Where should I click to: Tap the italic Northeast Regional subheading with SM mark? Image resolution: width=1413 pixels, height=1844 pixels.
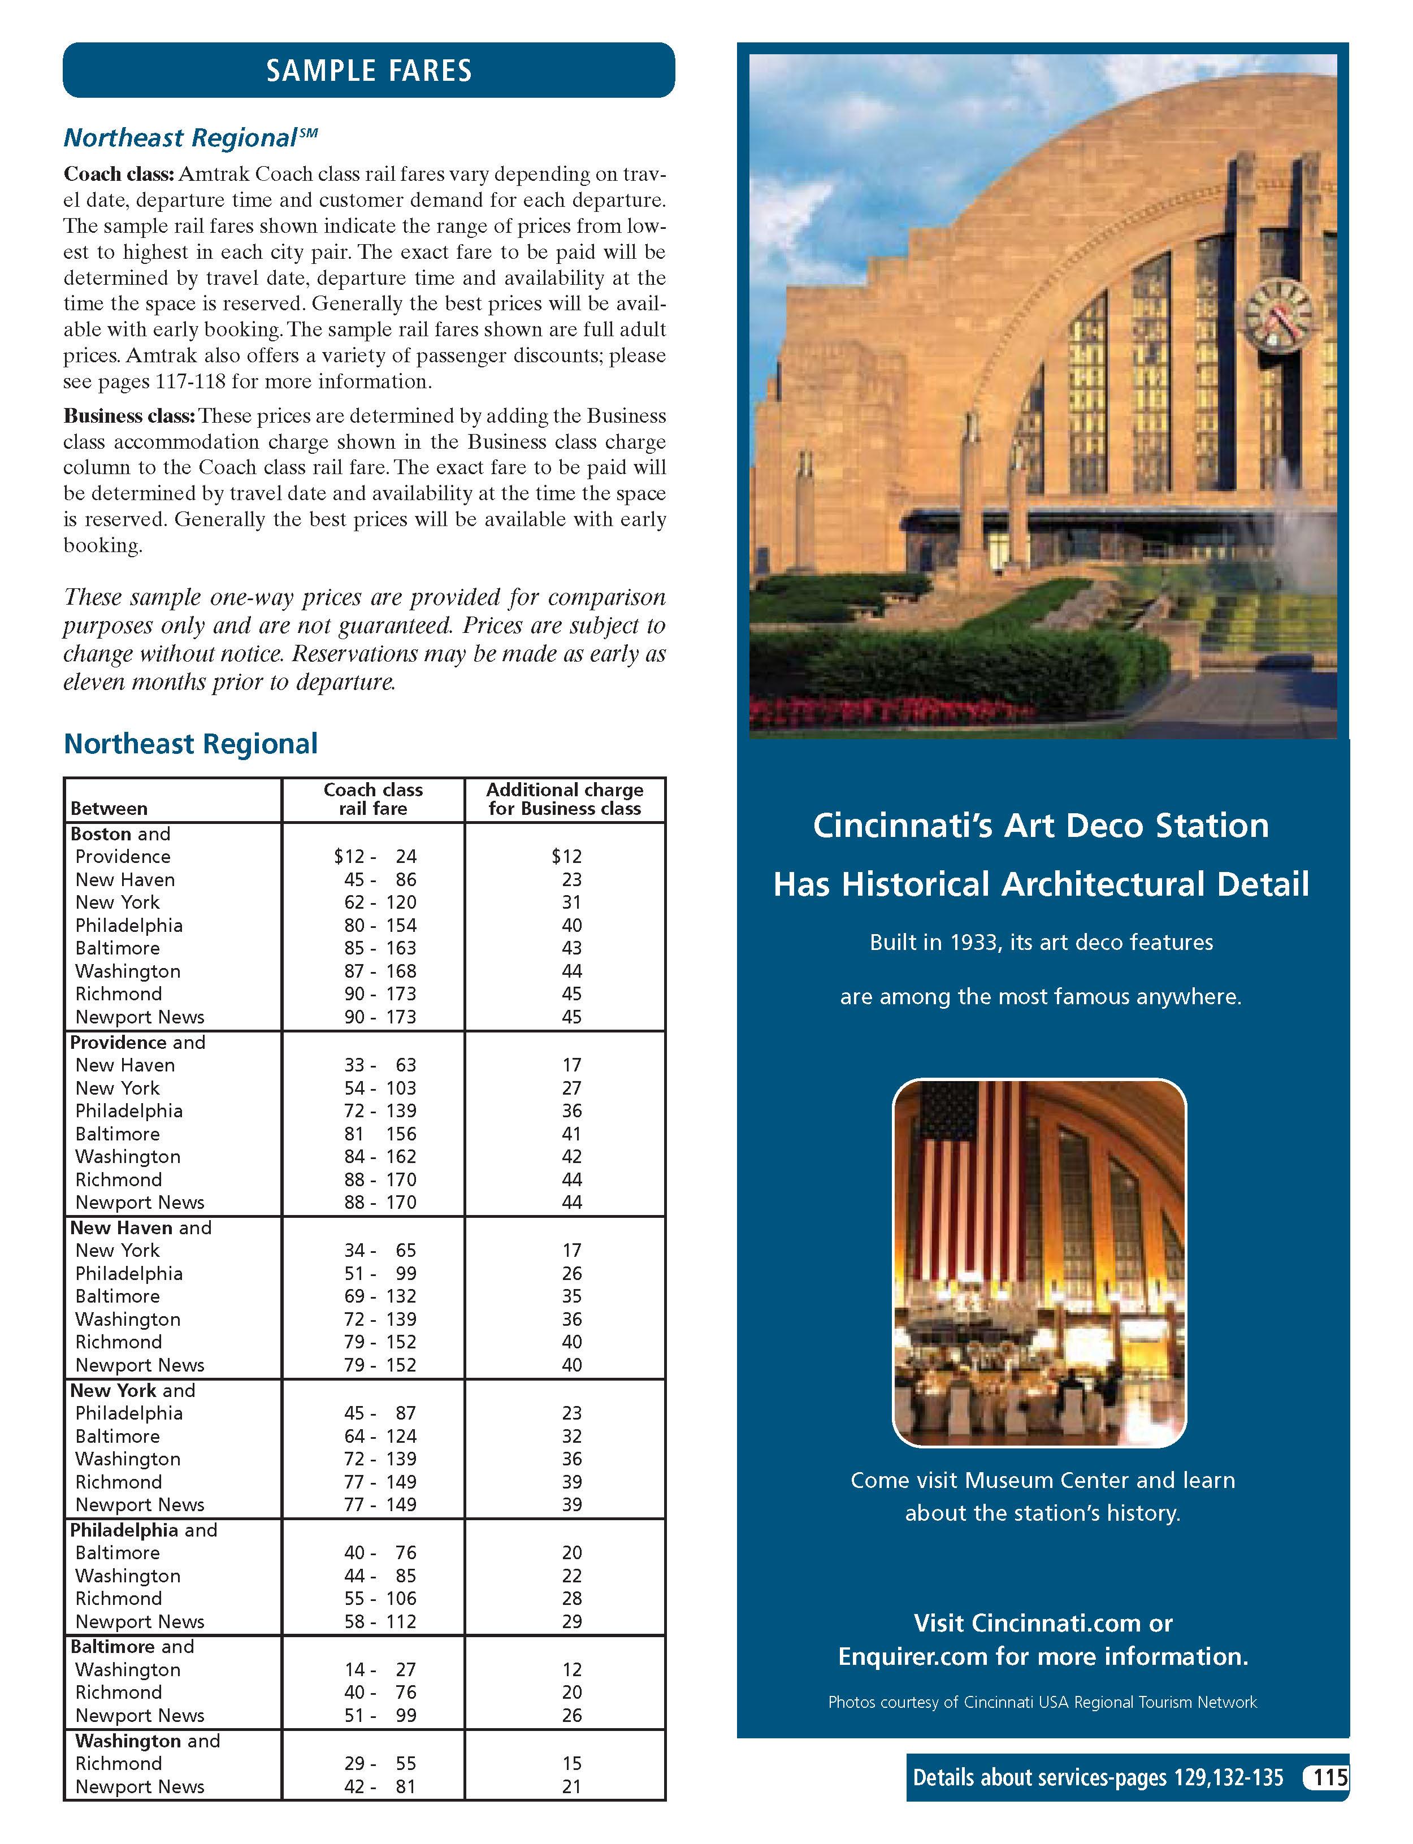coord(190,137)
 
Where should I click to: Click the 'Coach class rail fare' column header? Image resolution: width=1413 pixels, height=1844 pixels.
coord(372,799)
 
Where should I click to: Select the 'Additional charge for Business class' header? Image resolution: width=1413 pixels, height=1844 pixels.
coord(565,799)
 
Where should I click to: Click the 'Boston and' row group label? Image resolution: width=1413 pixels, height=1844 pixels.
coord(120,834)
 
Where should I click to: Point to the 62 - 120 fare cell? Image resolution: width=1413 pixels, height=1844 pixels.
coord(379,903)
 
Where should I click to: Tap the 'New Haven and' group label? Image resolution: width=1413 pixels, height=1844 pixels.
coord(141,1227)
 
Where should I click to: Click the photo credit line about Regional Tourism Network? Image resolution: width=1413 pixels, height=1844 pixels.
coord(1042,1702)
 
